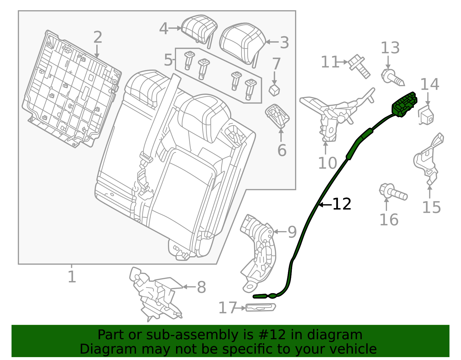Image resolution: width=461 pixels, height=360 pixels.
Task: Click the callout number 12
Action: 342,204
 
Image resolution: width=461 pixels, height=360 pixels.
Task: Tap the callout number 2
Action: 98,37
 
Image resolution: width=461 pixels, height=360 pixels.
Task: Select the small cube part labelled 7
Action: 274,91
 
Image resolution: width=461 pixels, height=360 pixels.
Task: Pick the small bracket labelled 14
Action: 426,115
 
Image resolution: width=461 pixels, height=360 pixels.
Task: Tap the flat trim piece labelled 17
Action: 261,307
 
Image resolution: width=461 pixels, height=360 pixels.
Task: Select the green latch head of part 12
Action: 404,104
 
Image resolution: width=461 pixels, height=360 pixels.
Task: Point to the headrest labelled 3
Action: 243,44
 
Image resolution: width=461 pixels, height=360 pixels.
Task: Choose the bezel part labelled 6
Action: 277,116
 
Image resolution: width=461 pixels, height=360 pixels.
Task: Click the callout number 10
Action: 328,163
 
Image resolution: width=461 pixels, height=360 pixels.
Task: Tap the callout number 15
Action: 432,207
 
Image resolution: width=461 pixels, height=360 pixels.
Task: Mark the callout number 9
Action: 292,232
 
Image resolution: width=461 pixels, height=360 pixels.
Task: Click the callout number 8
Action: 201,287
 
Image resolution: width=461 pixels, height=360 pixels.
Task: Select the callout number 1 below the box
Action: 72,277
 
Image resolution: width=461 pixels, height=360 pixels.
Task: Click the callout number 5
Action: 168,60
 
